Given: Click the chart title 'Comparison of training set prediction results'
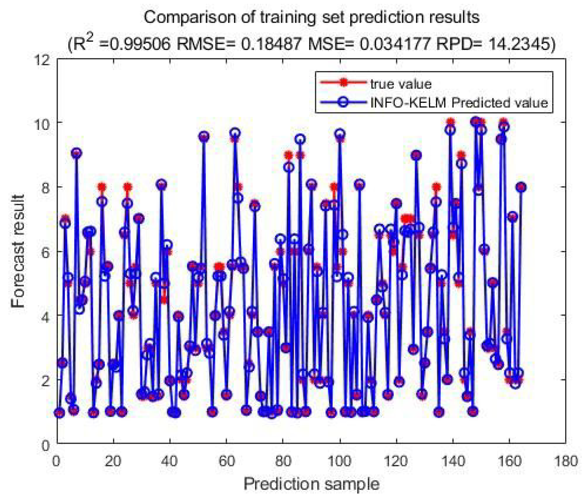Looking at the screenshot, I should point(312,17).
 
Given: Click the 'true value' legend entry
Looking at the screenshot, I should point(400,84).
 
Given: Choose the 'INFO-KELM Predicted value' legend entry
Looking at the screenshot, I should point(459,102).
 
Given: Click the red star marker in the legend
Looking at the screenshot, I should point(343,83).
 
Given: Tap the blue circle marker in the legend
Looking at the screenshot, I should point(343,102).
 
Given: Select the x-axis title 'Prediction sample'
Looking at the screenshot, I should point(311,484).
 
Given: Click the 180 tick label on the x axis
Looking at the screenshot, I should point(566,461).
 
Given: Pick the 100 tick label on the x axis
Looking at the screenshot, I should point(340,461).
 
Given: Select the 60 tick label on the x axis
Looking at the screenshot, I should point(226,461).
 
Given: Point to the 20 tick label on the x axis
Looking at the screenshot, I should point(113,461).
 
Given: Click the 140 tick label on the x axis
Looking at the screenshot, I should point(453,461).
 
